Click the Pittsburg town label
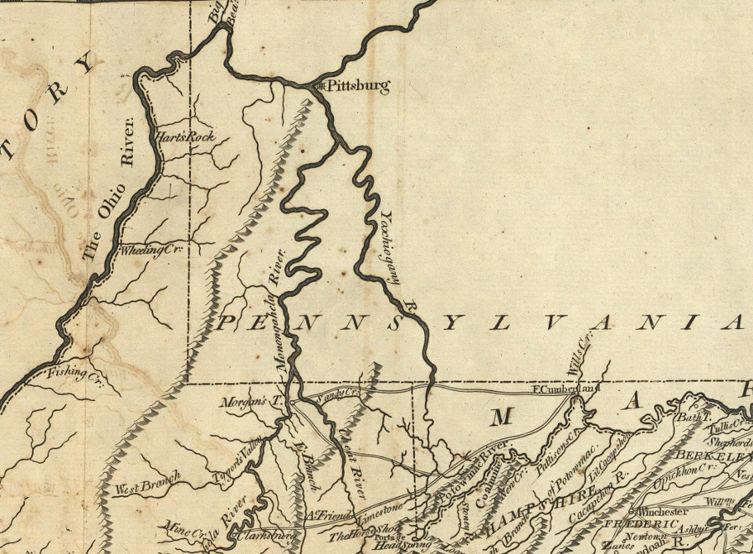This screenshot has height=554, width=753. click(x=357, y=86)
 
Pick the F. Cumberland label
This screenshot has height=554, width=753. click(x=556, y=389)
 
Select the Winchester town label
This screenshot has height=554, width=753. click(x=664, y=510)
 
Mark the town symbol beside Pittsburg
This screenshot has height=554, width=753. click(x=318, y=85)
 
